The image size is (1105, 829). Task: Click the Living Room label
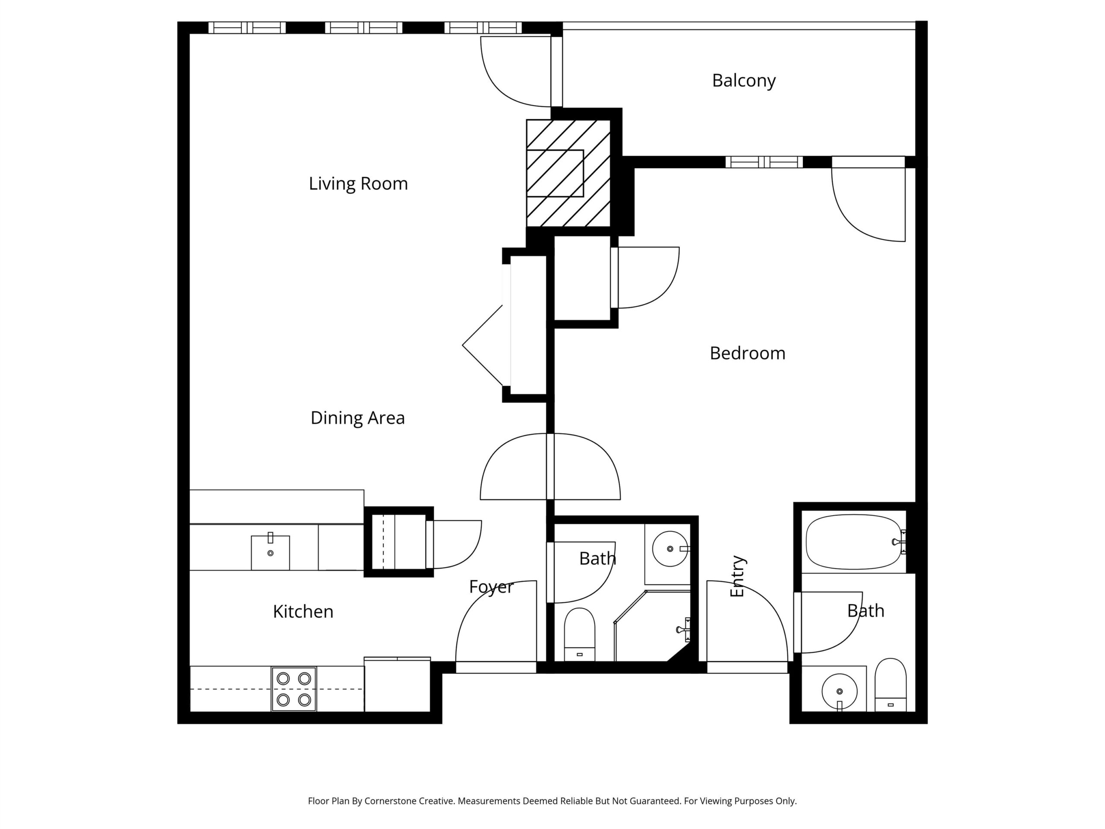tap(358, 184)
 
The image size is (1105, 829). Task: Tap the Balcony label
tap(744, 80)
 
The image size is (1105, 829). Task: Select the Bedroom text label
tap(747, 353)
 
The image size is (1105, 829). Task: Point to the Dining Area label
tap(358, 418)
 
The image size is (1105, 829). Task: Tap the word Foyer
tap(491, 587)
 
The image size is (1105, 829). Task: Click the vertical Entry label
tap(737, 576)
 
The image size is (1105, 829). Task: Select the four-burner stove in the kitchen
tap(294, 689)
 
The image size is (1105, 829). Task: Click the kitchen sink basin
tap(270, 552)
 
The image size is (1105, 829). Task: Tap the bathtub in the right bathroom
tap(855, 542)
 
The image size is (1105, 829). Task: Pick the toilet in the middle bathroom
tap(579, 635)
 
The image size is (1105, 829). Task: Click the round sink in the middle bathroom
tap(670, 549)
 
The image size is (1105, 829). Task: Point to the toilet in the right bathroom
tap(891, 685)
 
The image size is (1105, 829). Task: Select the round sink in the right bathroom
tap(839, 692)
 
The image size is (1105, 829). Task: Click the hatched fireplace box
tap(568, 173)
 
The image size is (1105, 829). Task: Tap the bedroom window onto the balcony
tap(764, 162)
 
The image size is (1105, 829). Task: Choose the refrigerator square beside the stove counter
tap(397, 685)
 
